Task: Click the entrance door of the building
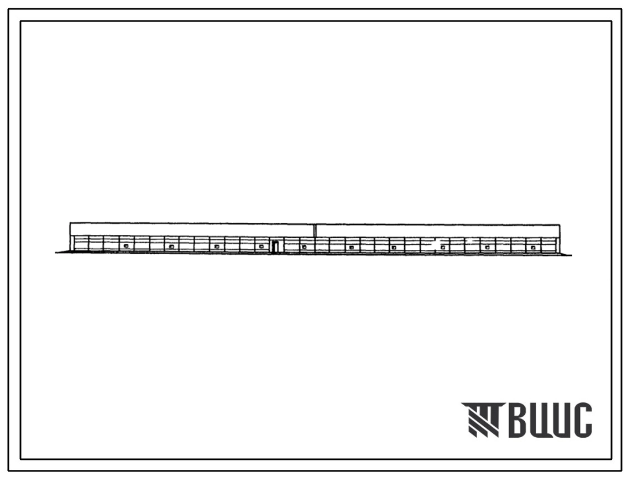point(275,247)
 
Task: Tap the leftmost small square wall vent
point(126,246)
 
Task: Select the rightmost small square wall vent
point(533,248)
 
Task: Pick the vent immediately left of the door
point(262,247)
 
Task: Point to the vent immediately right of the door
point(304,247)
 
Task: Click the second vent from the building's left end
point(171,247)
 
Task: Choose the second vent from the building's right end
point(488,248)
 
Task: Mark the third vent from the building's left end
point(217,247)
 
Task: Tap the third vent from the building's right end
point(443,248)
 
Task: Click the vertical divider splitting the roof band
point(315,230)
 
